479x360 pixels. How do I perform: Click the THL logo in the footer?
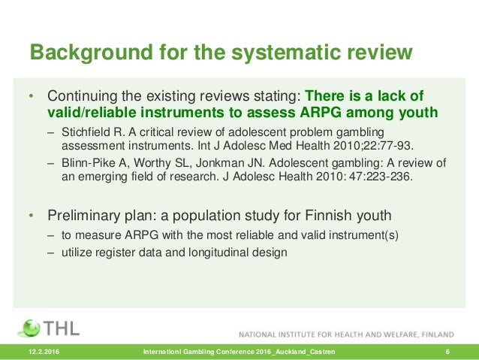(53, 328)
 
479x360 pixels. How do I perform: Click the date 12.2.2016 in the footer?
(44, 352)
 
